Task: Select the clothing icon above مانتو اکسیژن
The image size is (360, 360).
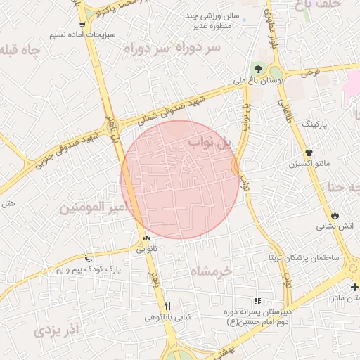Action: point(308,153)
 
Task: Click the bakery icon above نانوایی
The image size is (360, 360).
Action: point(147,238)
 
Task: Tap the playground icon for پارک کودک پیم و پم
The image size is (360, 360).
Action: point(87,258)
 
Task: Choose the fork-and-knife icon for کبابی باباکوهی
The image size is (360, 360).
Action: point(167,306)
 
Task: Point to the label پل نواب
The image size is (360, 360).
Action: point(210,144)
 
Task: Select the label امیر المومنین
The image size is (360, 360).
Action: point(94,208)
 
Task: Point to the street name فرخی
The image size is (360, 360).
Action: point(310,72)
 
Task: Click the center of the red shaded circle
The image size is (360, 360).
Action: point(180,179)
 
